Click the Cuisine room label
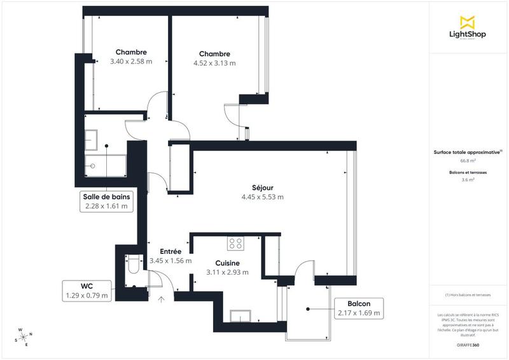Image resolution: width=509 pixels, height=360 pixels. click(x=227, y=263)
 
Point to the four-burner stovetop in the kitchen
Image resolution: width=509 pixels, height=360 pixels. click(x=236, y=244)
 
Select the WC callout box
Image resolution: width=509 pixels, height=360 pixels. click(x=87, y=290)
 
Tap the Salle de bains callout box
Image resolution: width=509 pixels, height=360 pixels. click(x=106, y=201)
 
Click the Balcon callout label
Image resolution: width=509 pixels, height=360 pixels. click(x=359, y=308)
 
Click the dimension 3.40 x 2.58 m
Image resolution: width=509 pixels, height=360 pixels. click(x=131, y=62)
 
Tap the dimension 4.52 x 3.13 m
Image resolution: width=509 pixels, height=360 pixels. click(x=214, y=63)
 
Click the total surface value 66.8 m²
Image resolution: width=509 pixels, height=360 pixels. click(x=468, y=160)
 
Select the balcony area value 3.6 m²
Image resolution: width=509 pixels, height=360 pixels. click(x=468, y=180)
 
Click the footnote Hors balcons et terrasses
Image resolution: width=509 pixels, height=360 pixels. click(x=468, y=295)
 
